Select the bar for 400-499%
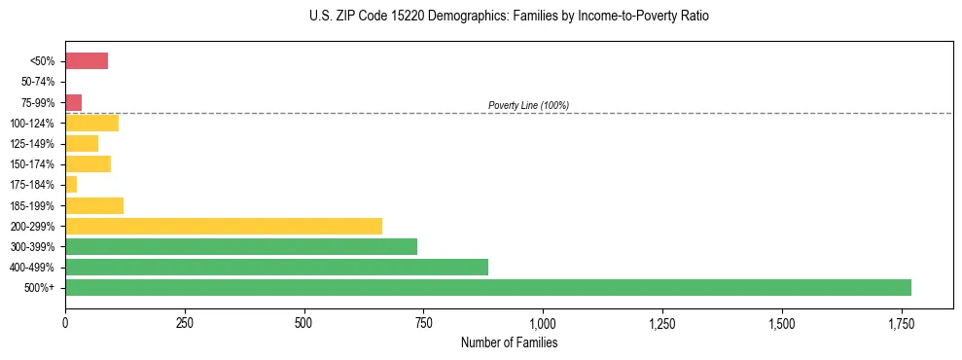coord(276,267)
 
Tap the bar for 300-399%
coord(241,246)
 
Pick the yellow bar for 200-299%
coord(224,226)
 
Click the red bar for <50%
coord(87,61)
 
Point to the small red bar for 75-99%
coord(74,102)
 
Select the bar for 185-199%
coord(94,205)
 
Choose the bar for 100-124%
coord(91,123)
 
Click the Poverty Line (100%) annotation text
coord(528,105)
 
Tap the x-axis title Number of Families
coord(509,342)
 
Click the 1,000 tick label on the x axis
coord(543,323)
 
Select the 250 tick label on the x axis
coord(185,323)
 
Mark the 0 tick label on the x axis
coord(65,323)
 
